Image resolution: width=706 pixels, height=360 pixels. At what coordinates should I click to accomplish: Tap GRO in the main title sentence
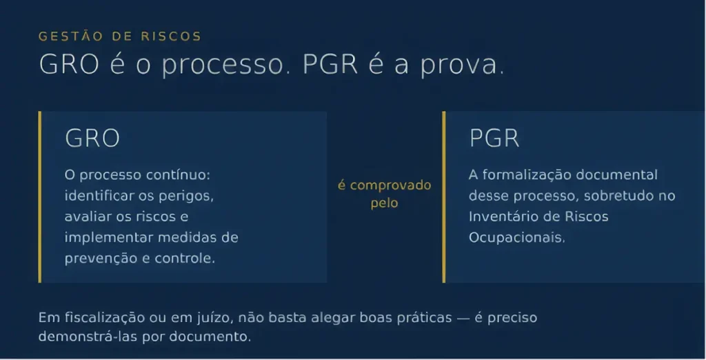click(69, 64)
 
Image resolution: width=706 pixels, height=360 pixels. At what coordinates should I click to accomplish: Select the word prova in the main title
click(458, 66)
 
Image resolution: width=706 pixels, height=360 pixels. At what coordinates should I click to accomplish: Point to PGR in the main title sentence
click(330, 64)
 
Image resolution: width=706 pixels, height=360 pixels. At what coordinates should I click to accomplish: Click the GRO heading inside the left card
click(92, 138)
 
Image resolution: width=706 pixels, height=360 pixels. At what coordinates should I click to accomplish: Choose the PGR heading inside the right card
click(494, 138)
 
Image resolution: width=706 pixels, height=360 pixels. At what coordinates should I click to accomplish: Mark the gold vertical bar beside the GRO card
click(39, 197)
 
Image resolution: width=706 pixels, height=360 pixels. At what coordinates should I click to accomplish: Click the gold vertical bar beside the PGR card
click(444, 197)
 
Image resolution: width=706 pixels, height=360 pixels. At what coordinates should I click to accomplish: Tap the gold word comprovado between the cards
click(390, 186)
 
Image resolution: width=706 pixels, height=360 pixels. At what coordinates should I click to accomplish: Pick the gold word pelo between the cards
click(384, 203)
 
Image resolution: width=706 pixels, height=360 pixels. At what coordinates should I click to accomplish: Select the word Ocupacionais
click(517, 237)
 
